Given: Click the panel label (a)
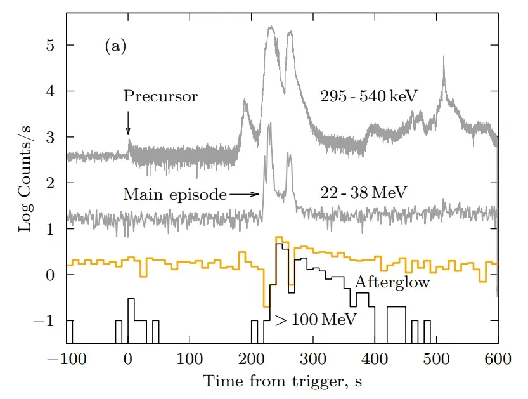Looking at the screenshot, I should coord(115,46).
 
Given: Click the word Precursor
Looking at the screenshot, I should coord(160,97).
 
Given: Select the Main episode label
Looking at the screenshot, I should coord(175,195).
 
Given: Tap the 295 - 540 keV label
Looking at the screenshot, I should coord(371,96).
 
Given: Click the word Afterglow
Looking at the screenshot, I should coord(392,282).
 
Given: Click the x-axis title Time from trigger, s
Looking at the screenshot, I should coord(282,382).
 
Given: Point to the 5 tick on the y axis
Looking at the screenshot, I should coord(55,46).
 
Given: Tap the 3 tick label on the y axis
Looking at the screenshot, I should coord(55,138).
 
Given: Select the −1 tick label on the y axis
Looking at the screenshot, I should coord(51,321).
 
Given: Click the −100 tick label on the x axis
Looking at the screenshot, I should coord(67,358).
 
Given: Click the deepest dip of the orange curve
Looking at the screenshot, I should coord(266,306).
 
